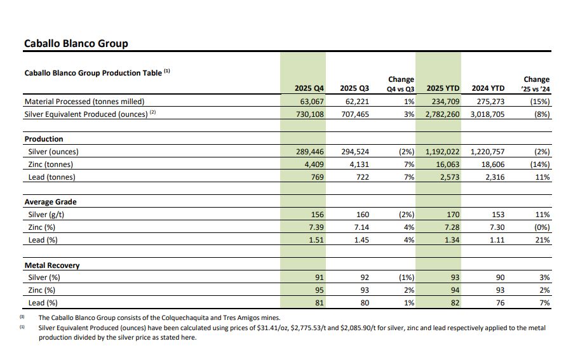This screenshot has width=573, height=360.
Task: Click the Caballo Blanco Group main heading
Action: point(76,43)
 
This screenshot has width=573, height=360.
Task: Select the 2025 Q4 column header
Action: point(309,88)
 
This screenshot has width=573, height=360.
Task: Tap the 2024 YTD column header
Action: point(488,88)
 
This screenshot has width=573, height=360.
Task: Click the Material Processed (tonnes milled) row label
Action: point(84,102)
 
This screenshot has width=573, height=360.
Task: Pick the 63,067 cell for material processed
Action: point(312,102)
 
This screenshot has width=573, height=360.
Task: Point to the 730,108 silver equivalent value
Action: point(310,114)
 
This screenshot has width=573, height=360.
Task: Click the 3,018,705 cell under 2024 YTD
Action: point(487,114)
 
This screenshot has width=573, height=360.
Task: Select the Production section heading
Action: point(44,139)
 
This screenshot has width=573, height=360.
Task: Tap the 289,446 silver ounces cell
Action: point(310,152)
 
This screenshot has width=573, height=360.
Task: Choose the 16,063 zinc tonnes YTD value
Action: point(448,164)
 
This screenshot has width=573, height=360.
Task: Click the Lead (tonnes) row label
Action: point(52,177)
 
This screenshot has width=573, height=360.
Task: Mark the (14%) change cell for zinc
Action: point(540,164)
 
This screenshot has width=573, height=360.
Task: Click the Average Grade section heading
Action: point(50,202)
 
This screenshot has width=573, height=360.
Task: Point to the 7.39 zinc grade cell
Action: point(316,227)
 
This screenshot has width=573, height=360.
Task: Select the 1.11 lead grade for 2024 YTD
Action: point(497,240)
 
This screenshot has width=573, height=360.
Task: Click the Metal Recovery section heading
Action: point(52,265)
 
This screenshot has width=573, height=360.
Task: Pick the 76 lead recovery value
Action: point(501,303)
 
